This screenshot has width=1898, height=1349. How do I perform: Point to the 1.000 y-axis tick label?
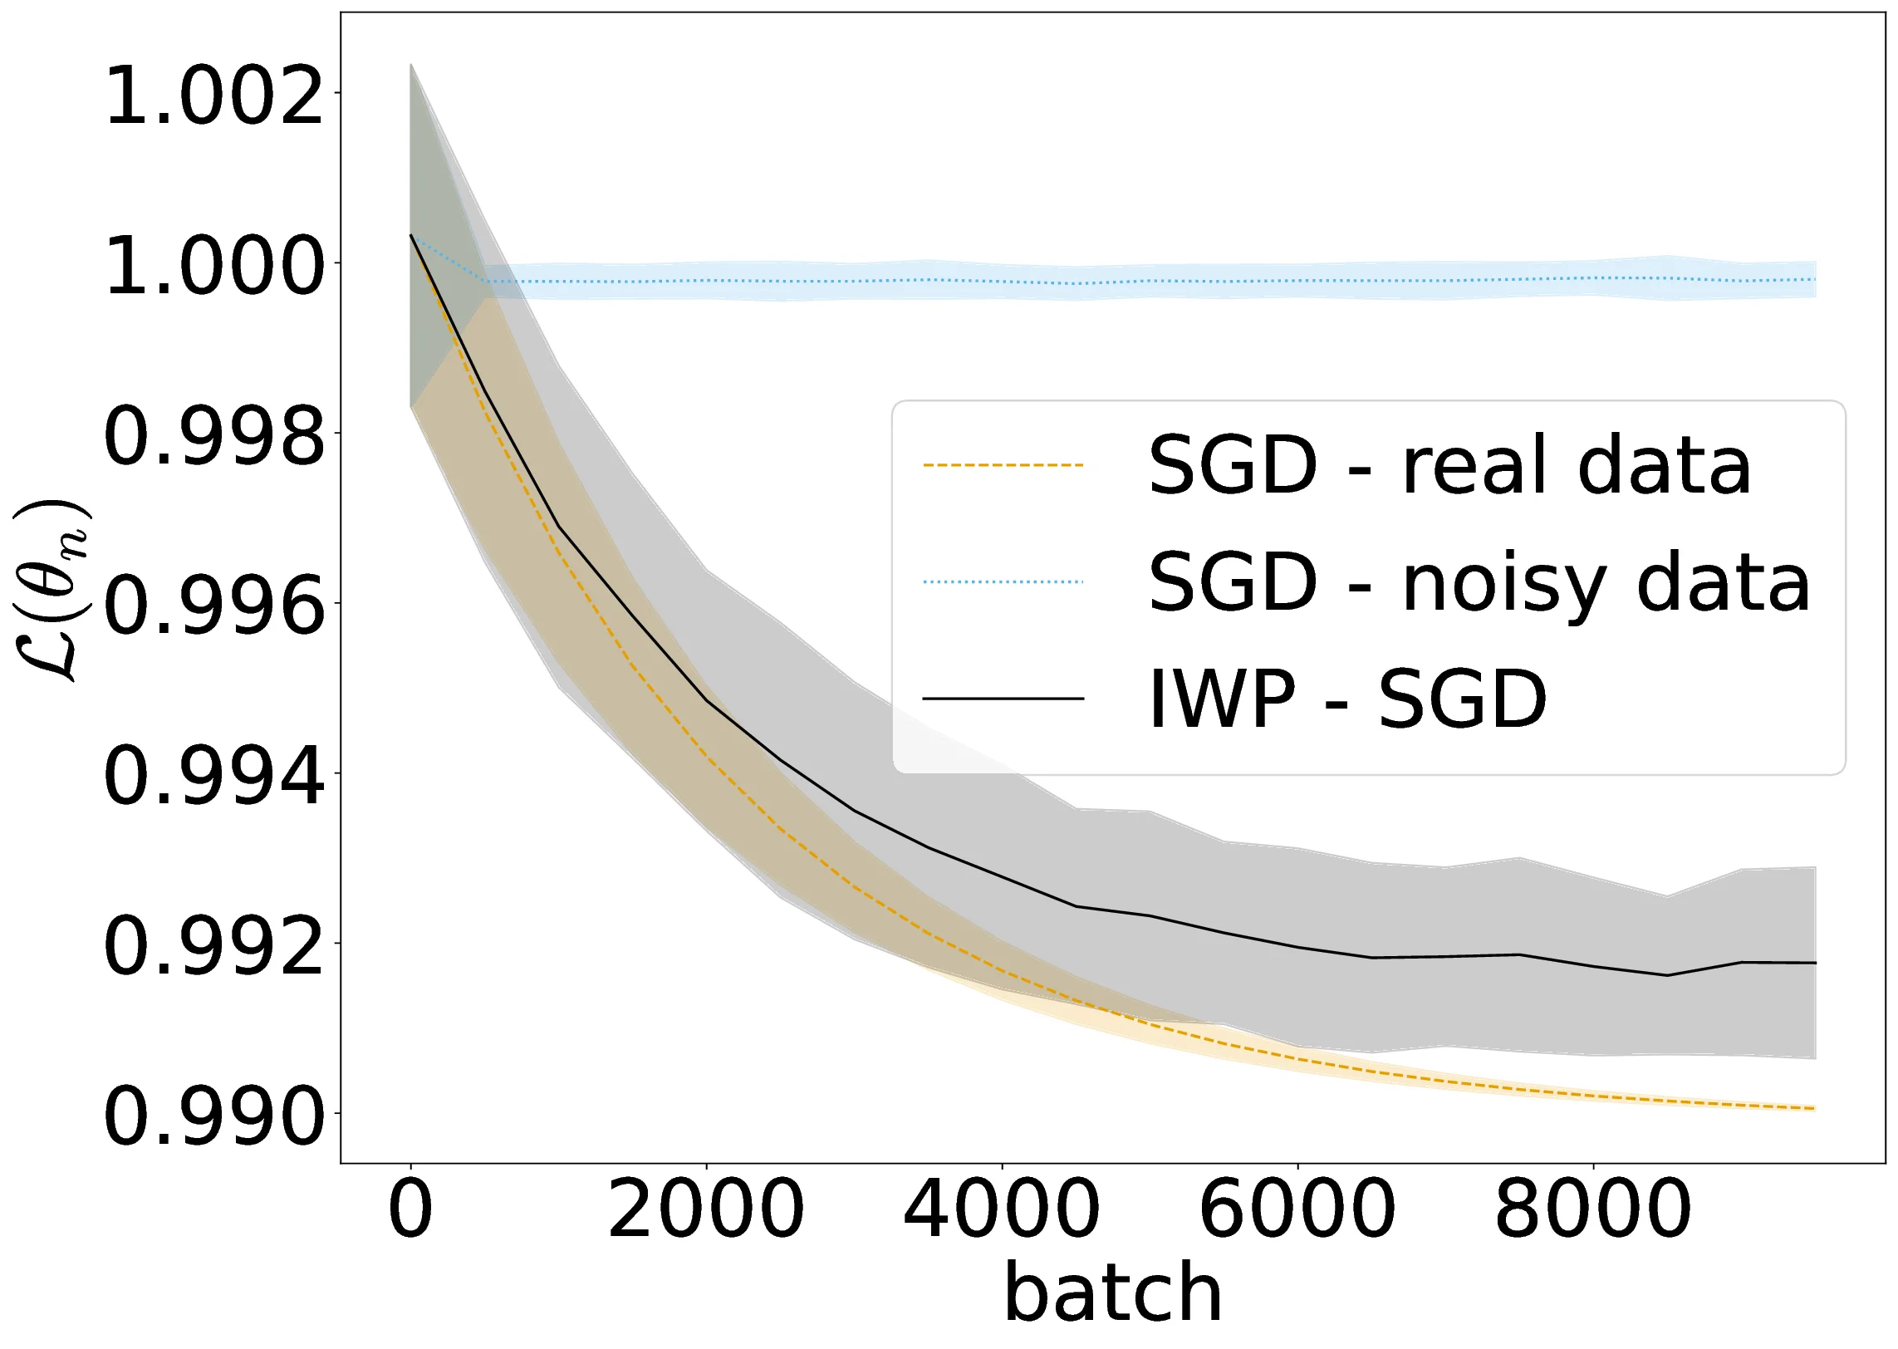coord(213,267)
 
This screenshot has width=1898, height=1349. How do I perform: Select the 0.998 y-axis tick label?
coord(213,437)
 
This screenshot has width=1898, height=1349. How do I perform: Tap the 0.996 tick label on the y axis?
coord(213,607)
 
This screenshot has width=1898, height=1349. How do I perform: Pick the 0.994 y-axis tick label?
coord(213,777)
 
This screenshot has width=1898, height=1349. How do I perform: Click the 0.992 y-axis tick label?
coord(213,947)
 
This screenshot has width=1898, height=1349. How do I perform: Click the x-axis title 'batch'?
coord(1113,1293)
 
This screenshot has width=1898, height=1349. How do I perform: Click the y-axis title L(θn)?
coord(51,591)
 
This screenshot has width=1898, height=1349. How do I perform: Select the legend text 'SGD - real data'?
coord(1449,465)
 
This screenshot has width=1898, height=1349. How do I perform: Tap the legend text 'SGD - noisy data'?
coord(1479,582)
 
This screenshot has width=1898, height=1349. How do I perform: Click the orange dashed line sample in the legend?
coord(1003,465)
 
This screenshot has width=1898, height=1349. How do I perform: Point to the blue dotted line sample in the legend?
coord(1003,581)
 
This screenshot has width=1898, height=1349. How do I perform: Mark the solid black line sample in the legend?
coord(1003,699)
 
